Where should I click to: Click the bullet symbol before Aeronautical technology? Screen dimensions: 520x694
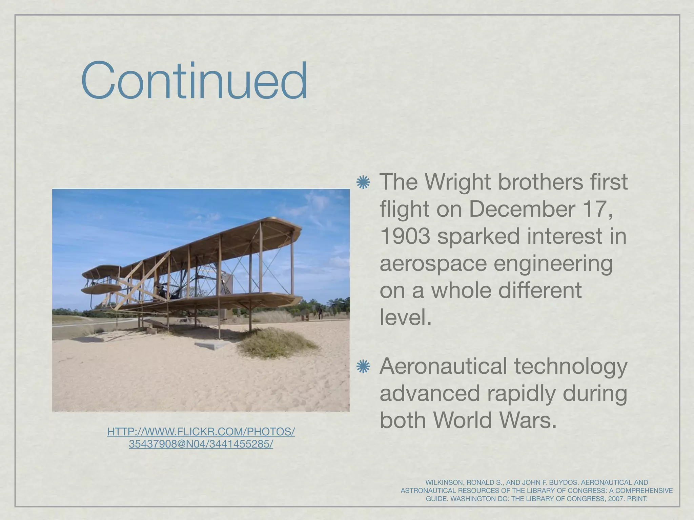(363, 367)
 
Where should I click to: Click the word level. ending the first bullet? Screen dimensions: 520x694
(405, 317)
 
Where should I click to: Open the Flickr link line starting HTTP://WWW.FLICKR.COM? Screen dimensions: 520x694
(201, 432)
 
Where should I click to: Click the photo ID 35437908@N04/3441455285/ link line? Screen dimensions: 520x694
(201, 444)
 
